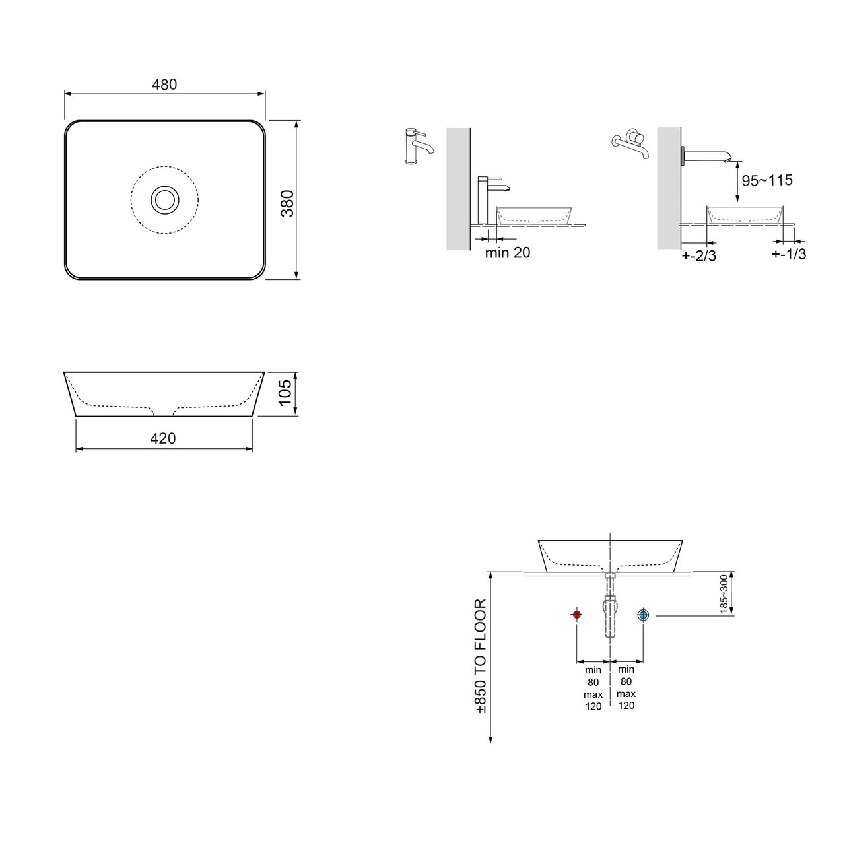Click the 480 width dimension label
[x=164, y=84]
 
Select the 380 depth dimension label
[x=287, y=203]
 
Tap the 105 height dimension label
[x=285, y=392]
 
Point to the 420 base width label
[x=163, y=438]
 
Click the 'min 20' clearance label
[x=508, y=253]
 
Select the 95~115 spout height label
[x=767, y=180]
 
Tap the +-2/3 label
[x=699, y=255]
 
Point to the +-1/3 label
[x=789, y=254]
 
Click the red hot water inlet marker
[x=577, y=615]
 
